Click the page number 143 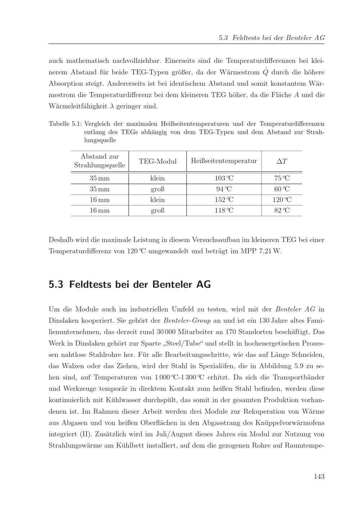319,477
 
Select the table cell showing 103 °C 224,178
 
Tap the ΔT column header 282,162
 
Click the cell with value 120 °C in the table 282,200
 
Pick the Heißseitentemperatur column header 224,161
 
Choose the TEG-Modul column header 158,162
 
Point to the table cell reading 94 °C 224,189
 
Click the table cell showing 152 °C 224,200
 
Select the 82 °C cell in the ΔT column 282,210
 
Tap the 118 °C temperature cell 224,210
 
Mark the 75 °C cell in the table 282,178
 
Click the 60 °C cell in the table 282,189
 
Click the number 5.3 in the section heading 56,285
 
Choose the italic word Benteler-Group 187,321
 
